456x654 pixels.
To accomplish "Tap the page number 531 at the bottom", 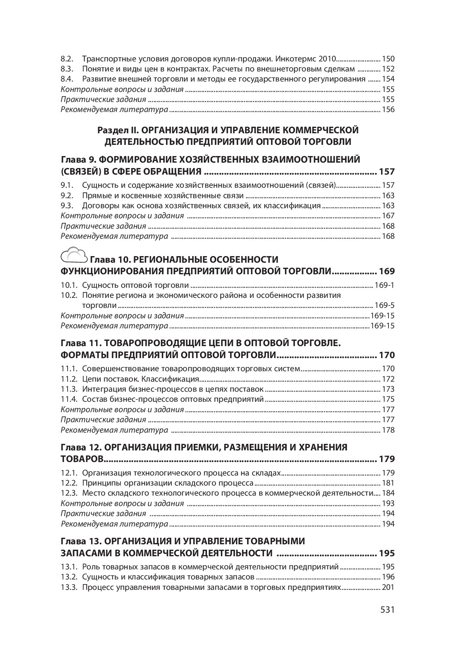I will tap(387, 610).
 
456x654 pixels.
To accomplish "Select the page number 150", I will tap(388, 59).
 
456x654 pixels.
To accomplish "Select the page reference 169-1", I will tap(385, 285).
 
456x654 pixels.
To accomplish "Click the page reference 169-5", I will tap(385, 305).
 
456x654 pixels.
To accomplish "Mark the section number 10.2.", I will tap(69, 295).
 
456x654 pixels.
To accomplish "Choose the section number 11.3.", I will tap(69, 389).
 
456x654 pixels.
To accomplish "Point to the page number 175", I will tap(388, 399).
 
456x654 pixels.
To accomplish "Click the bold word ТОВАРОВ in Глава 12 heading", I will tap(82, 459).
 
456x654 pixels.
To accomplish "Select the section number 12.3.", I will tap(69, 493).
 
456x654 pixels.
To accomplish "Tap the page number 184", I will tap(388, 493).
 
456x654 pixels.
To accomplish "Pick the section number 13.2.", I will tap(69, 577).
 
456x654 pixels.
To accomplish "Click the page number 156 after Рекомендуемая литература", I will tap(388, 109).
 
